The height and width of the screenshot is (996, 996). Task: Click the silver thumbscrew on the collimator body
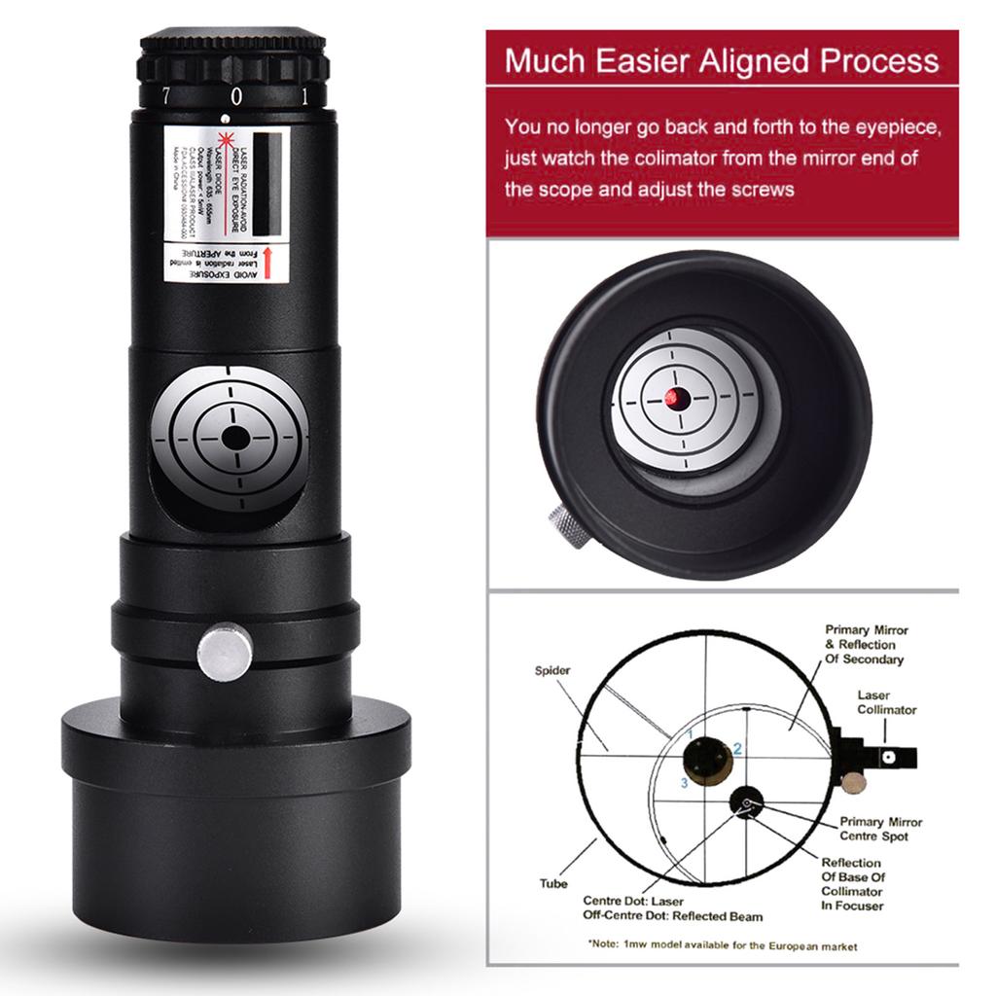pyautogui.click(x=225, y=652)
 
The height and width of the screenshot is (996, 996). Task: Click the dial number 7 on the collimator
pyautogui.click(x=166, y=95)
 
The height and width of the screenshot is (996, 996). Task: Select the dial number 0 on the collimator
pyautogui.click(x=235, y=96)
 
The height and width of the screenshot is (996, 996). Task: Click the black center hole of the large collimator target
pyautogui.click(x=234, y=438)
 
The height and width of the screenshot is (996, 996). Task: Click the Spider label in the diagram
pyautogui.click(x=551, y=671)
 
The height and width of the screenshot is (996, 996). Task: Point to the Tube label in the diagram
pyautogui.click(x=553, y=884)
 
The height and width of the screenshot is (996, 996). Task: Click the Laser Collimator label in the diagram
pyautogui.click(x=886, y=703)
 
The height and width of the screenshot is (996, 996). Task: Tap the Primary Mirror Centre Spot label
pyautogui.click(x=880, y=829)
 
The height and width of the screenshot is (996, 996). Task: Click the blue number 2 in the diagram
pyautogui.click(x=737, y=748)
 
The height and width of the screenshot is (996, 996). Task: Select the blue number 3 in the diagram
pyautogui.click(x=685, y=782)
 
